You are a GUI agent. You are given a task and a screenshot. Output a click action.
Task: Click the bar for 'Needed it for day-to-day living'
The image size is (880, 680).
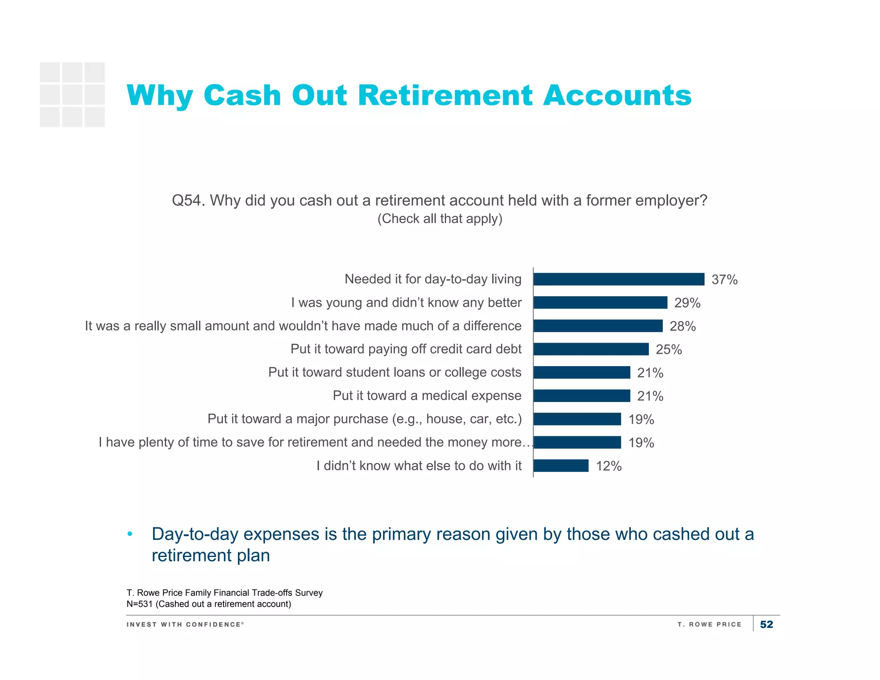[619, 279]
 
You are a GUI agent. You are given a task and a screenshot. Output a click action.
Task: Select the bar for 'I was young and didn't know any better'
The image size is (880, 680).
[600, 303]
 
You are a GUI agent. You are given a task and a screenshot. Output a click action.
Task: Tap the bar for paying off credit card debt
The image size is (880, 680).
[591, 349]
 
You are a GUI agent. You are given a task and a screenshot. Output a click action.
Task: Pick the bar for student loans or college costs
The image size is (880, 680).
[582, 372]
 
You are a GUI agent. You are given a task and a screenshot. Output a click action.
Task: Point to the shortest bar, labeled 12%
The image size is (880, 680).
[561, 466]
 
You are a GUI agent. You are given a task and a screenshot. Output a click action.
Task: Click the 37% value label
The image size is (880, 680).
[724, 280]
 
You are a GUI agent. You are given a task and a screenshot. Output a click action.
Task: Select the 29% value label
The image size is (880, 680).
[687, 303]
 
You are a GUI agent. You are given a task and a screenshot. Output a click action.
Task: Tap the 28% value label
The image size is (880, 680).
[682, 326]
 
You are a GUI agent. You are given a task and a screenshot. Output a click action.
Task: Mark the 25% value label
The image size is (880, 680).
[669, 349]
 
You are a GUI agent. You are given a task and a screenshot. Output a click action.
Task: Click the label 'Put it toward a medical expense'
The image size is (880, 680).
[427, 395]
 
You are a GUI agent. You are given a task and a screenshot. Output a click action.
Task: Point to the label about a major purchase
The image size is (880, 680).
[364, 419]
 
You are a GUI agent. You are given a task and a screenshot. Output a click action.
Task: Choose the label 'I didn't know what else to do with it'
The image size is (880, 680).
[419, 466]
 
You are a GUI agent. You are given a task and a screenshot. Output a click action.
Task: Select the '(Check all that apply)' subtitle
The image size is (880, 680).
[440, 219]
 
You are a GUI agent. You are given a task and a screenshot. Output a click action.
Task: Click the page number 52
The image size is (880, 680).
[766, 624]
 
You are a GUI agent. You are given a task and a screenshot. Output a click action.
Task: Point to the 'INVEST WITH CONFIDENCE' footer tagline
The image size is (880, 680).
[185, 624]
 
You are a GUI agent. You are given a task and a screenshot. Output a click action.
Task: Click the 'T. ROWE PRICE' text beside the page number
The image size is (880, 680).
[709, 624]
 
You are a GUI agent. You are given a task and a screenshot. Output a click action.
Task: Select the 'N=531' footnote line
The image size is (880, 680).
[209, 604]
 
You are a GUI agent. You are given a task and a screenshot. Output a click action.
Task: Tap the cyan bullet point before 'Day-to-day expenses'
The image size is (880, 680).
[130, 534]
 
